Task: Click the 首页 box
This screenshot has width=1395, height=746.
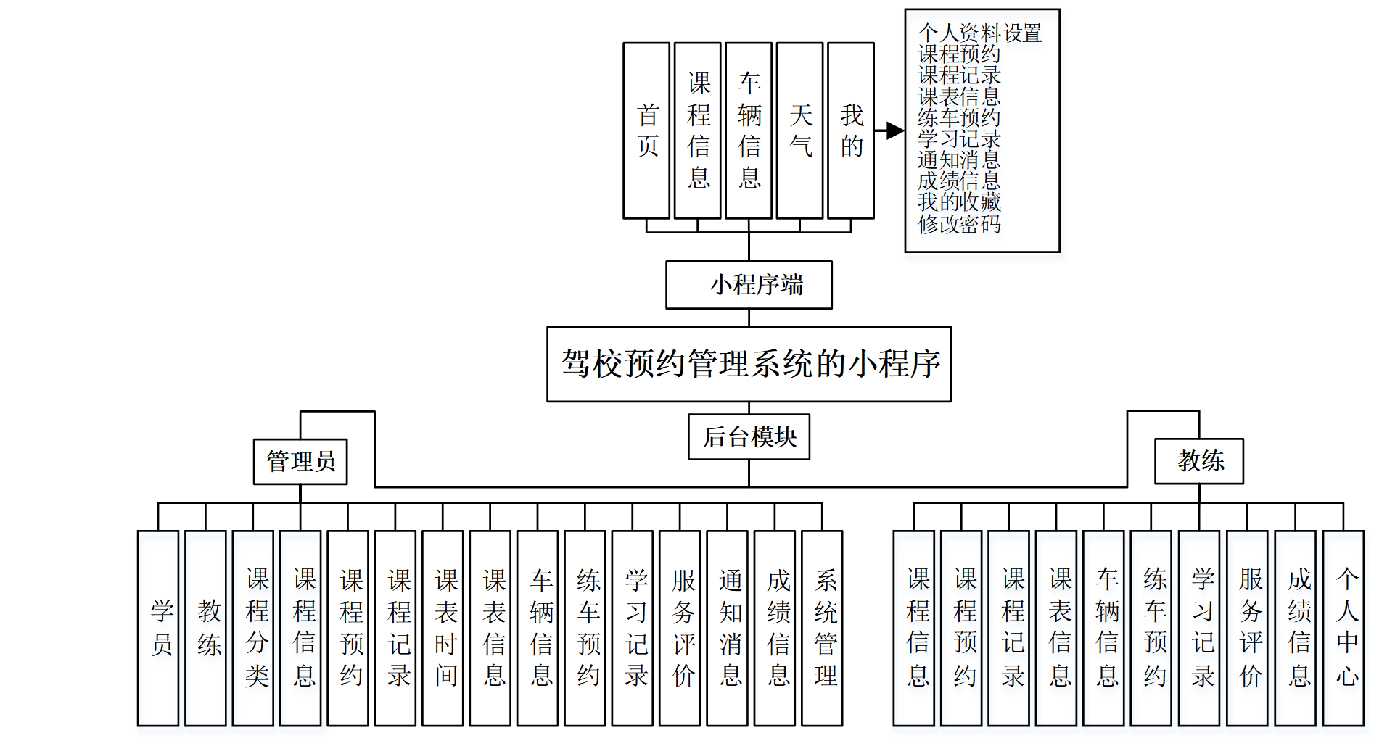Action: (646, 130)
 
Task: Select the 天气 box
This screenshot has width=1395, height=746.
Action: (799, 130)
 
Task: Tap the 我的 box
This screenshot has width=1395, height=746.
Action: (851, 130)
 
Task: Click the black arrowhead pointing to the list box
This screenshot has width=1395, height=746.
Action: (895, 130)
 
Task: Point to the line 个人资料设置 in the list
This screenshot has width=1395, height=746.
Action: (979, 33)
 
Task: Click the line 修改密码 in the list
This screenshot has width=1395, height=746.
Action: (959, 224)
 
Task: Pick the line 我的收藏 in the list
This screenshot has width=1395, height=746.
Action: (959, 202)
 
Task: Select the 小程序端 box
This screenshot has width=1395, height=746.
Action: (749, 285)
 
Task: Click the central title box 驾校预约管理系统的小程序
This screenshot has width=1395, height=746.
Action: (749, 364)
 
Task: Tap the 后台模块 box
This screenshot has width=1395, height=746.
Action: (749, 437)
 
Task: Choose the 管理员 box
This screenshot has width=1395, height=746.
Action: (300, 462)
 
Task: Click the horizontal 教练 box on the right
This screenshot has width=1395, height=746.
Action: (1199, 461)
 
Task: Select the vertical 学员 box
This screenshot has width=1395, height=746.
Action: (158, 628)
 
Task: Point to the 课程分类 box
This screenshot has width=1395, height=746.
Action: (253, 628)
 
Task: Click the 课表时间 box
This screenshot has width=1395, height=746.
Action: (443, 628)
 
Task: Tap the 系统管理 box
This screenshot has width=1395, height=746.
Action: (822, 628)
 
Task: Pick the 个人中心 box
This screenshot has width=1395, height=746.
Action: (1343, 628)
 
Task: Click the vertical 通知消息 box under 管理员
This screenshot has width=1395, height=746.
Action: (728, 628)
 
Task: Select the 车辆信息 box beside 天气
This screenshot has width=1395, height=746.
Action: (749, 130)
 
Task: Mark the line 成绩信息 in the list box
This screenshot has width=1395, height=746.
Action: (959, 181)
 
